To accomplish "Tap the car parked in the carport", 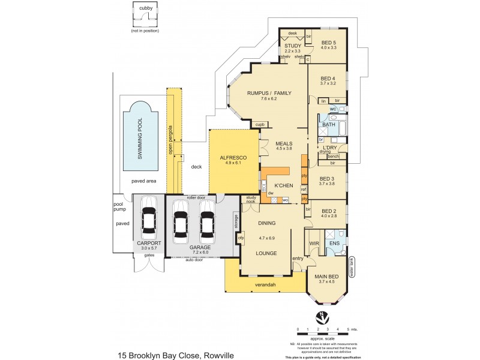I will click(148, 221).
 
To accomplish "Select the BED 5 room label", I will click(329, 43).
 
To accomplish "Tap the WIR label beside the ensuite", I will click(314, 243).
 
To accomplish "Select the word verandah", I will click(264, 285).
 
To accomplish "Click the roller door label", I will click(196, 197).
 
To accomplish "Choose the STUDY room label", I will click(292, 46).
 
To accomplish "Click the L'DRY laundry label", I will click(329, 147).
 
